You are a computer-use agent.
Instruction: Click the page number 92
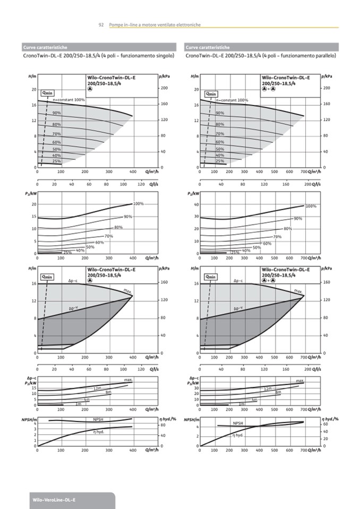coord(101,25)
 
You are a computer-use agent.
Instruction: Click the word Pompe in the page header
coord(115,25)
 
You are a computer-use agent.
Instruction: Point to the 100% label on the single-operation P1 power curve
coord(139,204)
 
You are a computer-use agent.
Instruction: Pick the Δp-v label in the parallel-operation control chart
coord(238,308)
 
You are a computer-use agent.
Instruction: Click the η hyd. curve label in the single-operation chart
coord(98,433)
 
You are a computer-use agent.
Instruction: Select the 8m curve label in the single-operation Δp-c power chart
coord(108,392)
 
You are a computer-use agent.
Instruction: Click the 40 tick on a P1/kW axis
coord(196,204)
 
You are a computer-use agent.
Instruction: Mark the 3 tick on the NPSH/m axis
coord(35,429)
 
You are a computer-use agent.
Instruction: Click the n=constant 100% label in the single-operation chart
coord(68,100)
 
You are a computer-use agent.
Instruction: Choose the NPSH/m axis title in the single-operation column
coord(28,419)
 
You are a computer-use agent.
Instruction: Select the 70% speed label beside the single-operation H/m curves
coord(57,134)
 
